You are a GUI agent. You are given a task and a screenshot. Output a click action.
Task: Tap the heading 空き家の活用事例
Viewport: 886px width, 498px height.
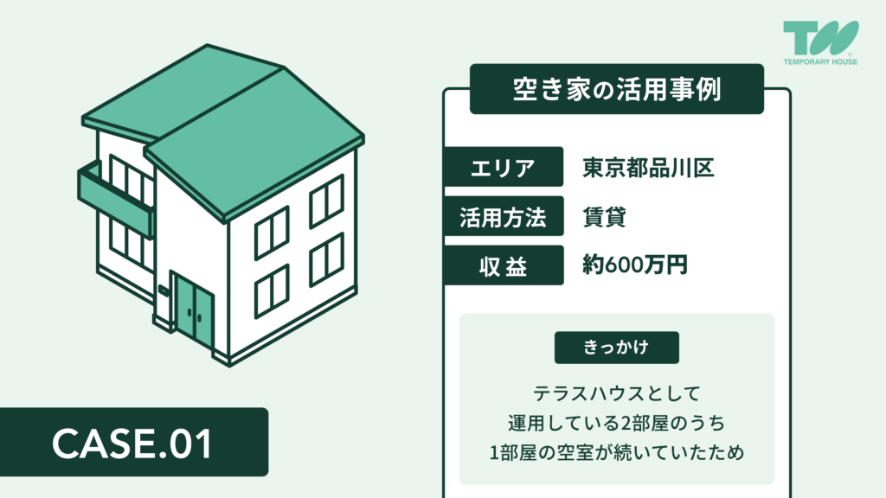click(x=616, y=89)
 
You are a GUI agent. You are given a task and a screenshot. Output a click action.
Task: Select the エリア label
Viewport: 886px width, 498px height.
click(x=503, y=168)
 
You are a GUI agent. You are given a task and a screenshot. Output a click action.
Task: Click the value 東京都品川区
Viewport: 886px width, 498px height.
click(x=647, y=168)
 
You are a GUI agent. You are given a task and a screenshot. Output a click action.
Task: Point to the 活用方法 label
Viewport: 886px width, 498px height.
click(x=503, y=217)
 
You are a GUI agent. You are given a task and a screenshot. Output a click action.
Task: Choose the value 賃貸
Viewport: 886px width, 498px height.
click(x=605, y=217)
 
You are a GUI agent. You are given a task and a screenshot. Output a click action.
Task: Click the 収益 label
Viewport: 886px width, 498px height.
click(x=503, y=266)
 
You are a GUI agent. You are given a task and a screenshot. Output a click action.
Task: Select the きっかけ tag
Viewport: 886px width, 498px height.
click(x=616, y=347)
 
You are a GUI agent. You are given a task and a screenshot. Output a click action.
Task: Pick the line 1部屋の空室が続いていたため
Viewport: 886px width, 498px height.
click(x=616, y=451)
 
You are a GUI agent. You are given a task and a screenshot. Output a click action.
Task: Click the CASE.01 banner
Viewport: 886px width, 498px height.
click(x=133, y=442)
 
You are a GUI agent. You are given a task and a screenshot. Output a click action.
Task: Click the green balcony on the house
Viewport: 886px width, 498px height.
click(x=115, y=198)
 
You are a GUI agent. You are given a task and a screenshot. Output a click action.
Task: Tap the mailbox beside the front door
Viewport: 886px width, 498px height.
click(x=163, y=291)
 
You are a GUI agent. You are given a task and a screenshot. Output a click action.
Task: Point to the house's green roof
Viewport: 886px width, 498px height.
click(x=251, y=138)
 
